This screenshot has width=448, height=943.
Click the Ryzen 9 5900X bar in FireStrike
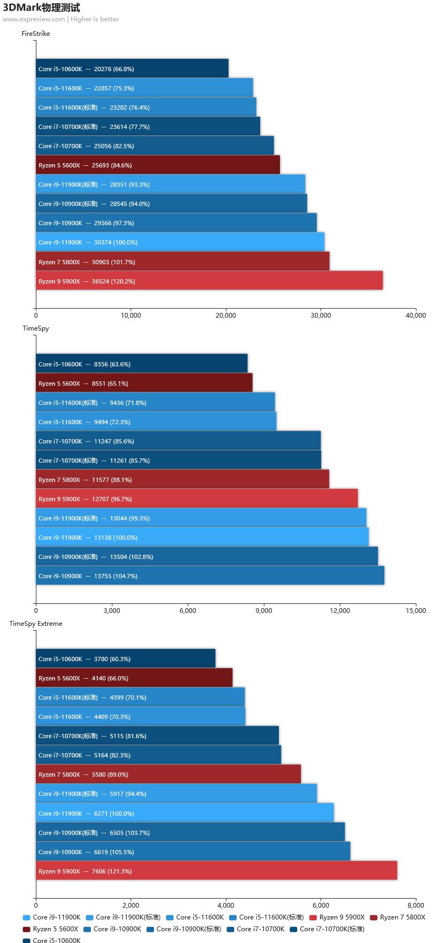pos(209,281)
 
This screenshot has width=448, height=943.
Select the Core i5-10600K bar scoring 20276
pos(132,68)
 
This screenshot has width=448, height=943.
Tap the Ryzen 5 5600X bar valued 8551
pos(144,383)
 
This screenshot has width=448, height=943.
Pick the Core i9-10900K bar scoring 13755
pos(210,576)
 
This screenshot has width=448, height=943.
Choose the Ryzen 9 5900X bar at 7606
pos(216,871)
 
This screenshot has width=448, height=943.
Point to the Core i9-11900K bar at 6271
pos(185,813)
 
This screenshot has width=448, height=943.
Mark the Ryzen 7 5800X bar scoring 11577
pos(183,479)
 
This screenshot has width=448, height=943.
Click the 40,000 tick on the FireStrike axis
pos(416,316)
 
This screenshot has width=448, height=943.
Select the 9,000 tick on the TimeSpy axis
pos(264,610)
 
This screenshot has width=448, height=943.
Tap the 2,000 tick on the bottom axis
pos(131,906)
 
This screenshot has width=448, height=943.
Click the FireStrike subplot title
pos(36,34)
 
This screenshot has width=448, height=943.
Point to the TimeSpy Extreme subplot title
pos(36,624)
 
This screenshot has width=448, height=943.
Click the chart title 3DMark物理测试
pos(41,7)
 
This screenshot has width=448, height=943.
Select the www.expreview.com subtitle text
pos(34,19)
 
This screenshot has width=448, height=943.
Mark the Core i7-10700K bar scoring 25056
pos(155,145)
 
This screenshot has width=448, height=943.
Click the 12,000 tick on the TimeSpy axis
pos(340,610)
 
